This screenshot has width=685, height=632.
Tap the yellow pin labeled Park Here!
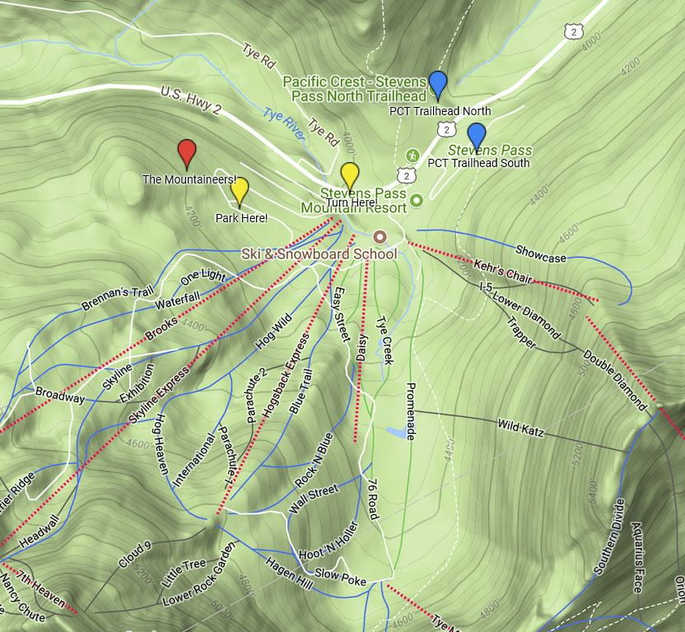(240, 191)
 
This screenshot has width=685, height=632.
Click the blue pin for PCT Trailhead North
(438, 84)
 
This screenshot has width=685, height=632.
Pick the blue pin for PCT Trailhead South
(476, 135)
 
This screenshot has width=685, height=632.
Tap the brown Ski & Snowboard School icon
(380, 235)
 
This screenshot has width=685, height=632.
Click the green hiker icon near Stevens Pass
(413, 155)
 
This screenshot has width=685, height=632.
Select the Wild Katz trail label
(520, 428)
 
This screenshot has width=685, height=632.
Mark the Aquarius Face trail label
(636, 556)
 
